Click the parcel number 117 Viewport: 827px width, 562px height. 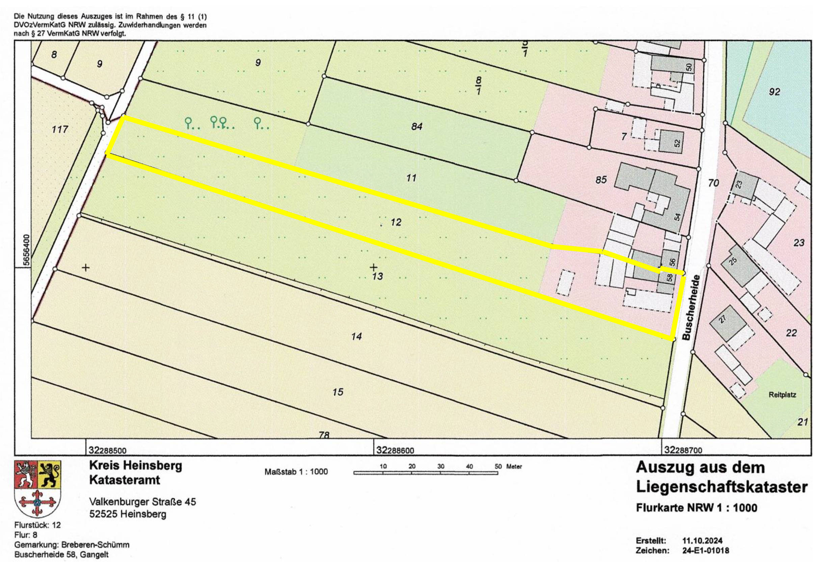(x=59, y=129)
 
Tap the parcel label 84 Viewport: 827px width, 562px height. (x=416, y=126)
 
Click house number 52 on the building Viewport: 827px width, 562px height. (x=677, y=143)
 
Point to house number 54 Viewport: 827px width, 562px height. (x=677, y=217)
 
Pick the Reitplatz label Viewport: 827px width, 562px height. (x=782, y=395)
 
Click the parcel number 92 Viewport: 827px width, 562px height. (x=774, y=92)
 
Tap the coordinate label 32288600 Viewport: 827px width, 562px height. (x=395, y=451)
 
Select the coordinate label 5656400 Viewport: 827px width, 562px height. (x=26, y=249)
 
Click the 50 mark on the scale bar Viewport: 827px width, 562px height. (x=498, y=466)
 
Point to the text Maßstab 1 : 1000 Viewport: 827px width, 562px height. (x=296, y=472)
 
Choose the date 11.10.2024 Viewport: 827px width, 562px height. (x=702, y=541)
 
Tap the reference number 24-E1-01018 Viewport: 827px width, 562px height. (x=705, y=551)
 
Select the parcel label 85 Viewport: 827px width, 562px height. (x=601, y=180)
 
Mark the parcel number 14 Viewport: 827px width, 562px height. (x=356, y=336)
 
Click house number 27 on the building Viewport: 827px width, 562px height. (x=722, y=319)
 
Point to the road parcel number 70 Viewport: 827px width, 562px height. (x=713, y=183)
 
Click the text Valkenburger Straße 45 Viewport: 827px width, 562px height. (x=142, y=502)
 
